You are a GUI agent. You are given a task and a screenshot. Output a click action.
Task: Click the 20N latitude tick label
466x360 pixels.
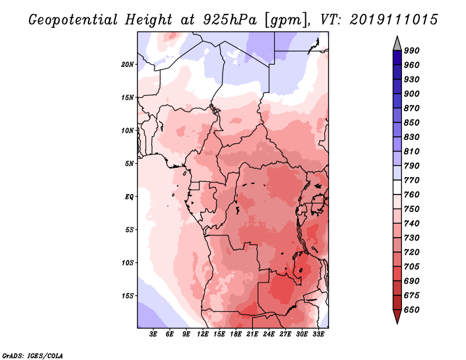coord(128,64)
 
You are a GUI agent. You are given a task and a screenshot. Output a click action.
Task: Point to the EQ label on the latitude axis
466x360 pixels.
coord(129,196)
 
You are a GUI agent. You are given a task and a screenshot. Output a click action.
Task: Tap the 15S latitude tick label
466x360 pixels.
coord(128,295)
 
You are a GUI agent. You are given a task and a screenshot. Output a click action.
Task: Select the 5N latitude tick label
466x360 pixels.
coord(129,163)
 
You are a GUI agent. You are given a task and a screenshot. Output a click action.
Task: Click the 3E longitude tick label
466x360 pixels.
coord(154,334)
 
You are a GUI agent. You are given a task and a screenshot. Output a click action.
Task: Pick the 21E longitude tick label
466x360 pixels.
coord(252,334)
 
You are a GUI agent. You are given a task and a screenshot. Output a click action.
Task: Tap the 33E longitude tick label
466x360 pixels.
coord(318,334)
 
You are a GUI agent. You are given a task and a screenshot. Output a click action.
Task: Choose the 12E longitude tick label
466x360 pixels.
coord(203,334)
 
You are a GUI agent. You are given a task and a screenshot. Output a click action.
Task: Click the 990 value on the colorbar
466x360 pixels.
coord(412,51)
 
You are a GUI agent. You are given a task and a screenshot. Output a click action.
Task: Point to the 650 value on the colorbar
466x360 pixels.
coord(412,310)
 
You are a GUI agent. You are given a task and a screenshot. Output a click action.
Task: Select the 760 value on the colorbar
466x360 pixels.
coord(412,195)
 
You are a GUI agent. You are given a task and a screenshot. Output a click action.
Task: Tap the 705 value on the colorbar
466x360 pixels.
coord(412,267)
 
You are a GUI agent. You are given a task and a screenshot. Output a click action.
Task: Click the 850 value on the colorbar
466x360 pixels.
coord(412,123)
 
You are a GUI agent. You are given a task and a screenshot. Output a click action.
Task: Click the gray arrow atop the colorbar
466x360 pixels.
coord(397,43)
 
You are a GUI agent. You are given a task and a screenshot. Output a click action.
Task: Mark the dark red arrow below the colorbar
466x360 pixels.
coord(397,317)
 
